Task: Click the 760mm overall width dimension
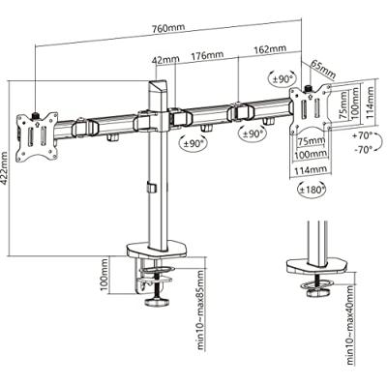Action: tap(168, 28)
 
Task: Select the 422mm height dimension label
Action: tap(5, 168)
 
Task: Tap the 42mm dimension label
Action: tap(165, 60)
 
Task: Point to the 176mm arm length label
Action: tap(207, 55)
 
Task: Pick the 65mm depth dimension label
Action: tap(323, 70)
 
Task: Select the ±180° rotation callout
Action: tap(312, 190)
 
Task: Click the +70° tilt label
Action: tap(363, 136)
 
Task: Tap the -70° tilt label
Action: tap(363, 150)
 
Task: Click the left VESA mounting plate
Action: tap(38, 135)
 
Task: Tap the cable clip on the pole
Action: tap(151, 188)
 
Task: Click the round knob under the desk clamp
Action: tap(158, 303)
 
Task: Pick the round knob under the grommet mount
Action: tap(318, 293)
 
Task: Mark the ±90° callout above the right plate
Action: tap(283, 77)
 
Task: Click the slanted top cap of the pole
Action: tap(158, 86)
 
